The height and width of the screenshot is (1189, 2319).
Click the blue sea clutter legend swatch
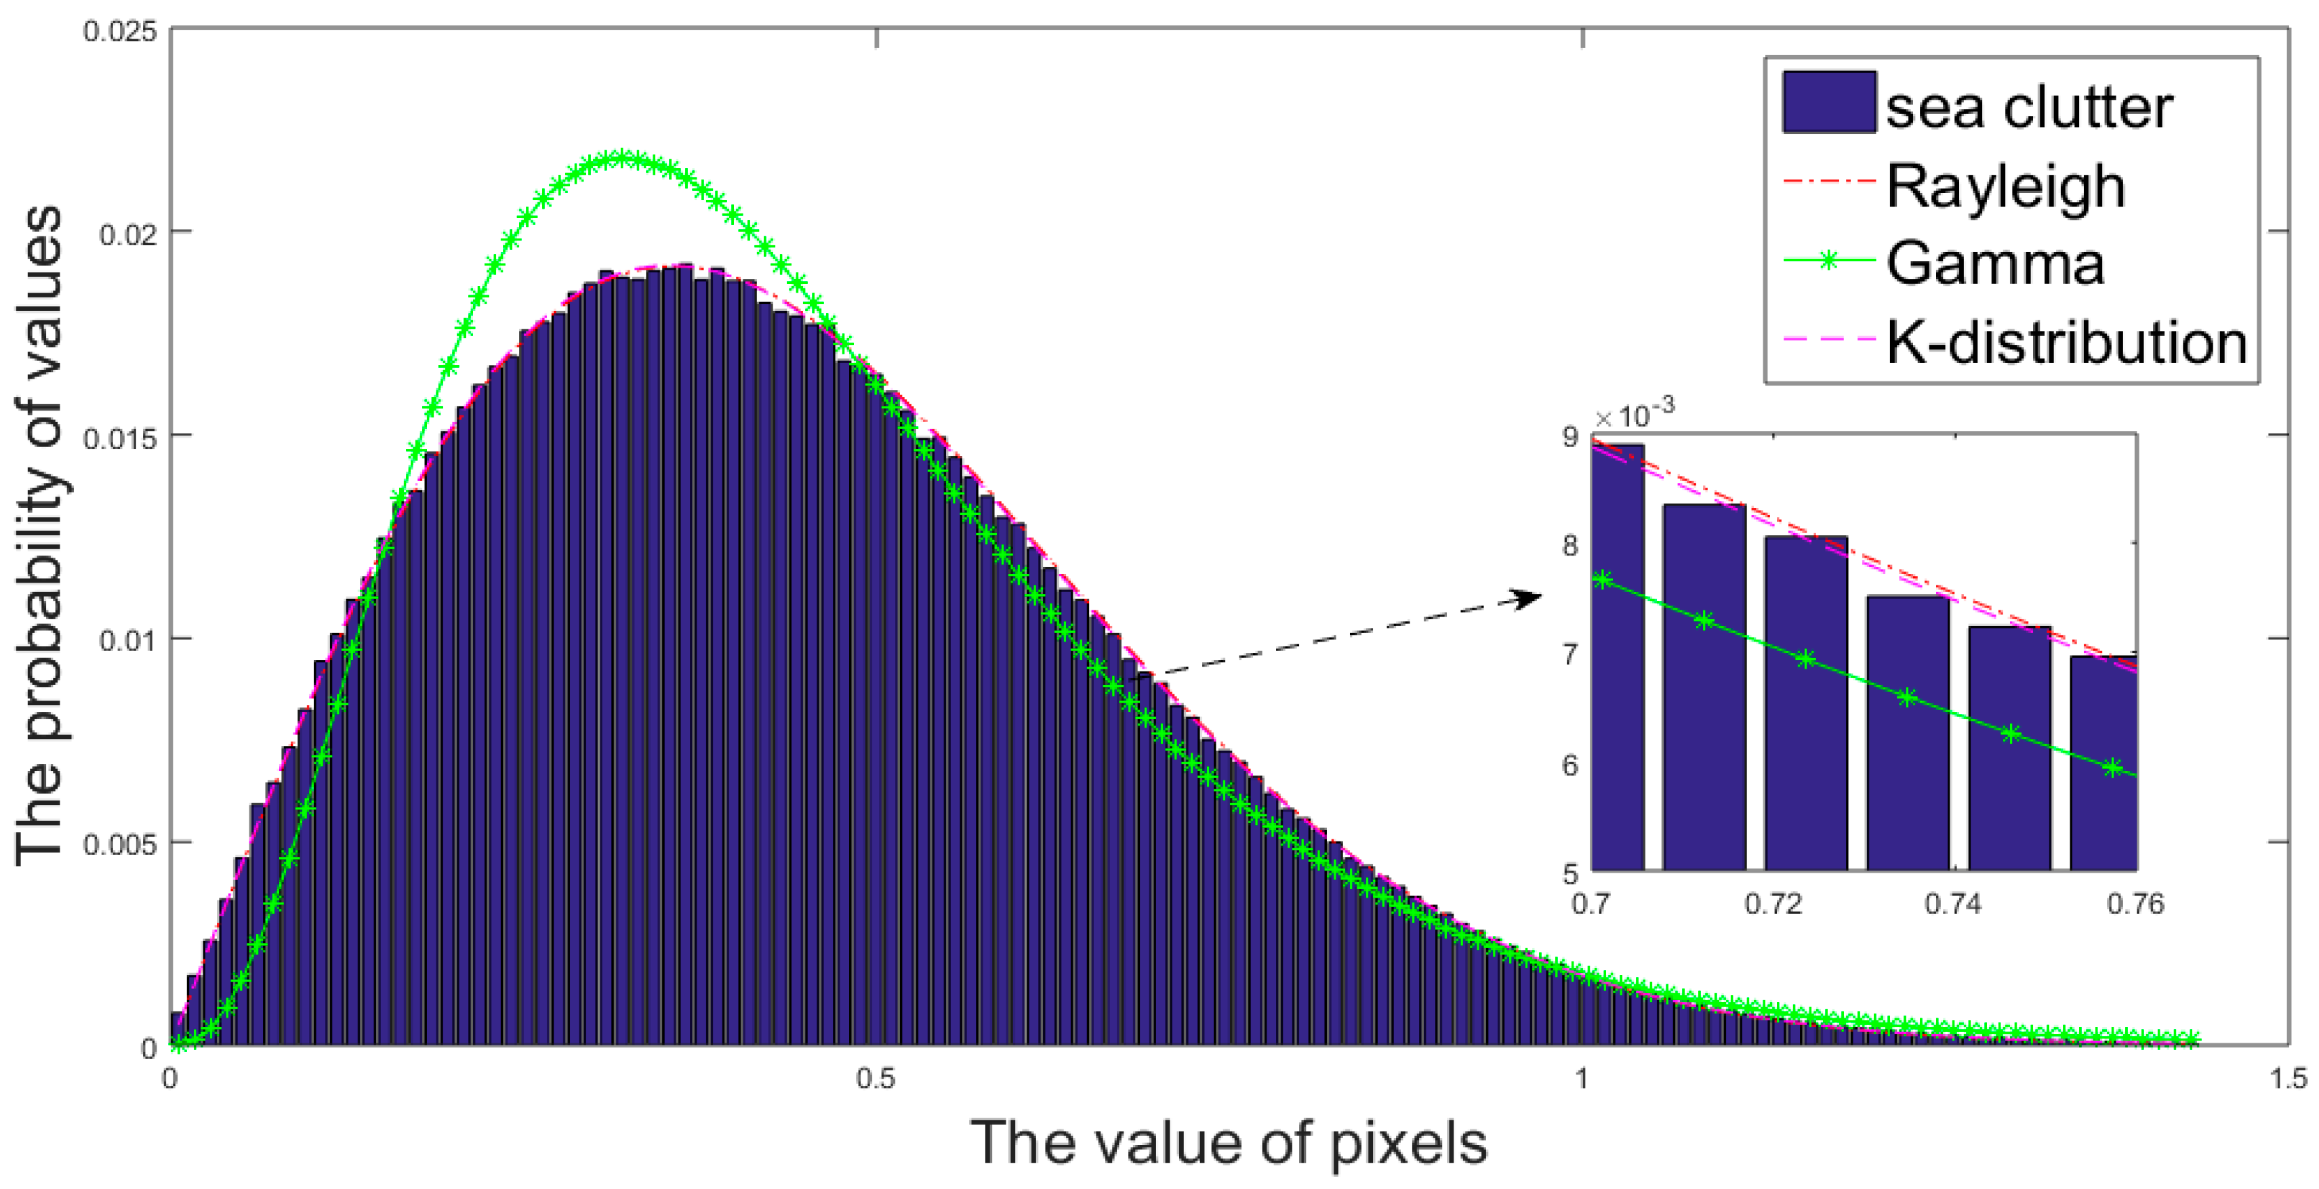coord(1828,102)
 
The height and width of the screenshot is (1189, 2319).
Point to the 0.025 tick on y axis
coord(120,31)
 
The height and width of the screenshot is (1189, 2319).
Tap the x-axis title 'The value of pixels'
coord(1228,1143)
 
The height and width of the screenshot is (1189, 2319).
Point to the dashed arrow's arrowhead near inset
coord(1530,598)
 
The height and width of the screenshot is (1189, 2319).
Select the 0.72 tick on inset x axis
coord(1773,904)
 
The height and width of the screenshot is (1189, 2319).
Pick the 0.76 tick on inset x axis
coord(2135,904)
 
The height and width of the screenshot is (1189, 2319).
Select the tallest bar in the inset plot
coord(1618,657)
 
